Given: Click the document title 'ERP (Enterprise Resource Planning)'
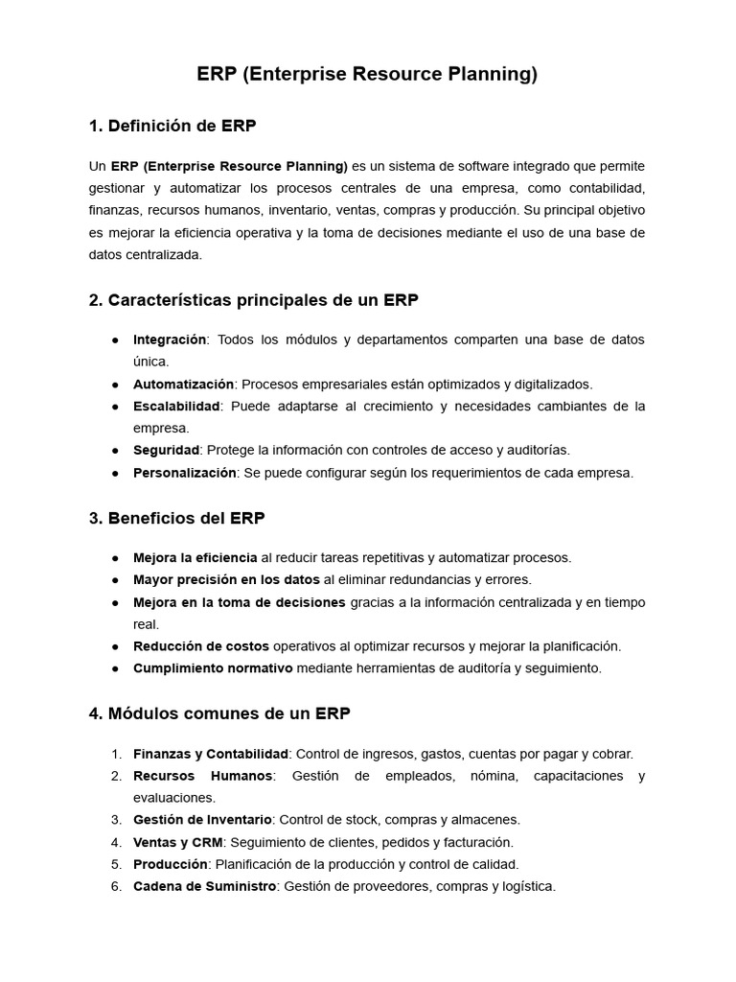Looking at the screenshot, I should point(367,75).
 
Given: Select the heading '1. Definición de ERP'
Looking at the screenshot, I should point(172,126).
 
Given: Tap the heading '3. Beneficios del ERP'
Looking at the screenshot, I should point(176,518).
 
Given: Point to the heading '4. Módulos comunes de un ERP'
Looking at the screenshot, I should point(219,713).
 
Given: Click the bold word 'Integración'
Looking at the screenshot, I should point(170,339).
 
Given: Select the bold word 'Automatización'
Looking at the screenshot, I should point(183,384).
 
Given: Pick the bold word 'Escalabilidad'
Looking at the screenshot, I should point(176,406).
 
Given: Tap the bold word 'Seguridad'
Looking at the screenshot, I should point(166,450).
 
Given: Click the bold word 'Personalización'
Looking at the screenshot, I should point(184,473).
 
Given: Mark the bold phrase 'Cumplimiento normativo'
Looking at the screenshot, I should point(213,668).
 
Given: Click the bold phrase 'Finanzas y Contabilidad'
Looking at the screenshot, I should point(210,754).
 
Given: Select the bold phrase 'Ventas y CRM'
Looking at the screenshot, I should point(177,842).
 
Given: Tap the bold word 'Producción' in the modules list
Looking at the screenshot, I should point(171,864).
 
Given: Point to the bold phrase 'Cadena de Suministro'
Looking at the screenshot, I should point(204,886).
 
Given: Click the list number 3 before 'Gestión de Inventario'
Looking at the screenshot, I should point(115,820).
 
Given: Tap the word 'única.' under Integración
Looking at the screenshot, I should point(150,362).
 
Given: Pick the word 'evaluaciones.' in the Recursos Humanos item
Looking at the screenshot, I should point(174,797).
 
